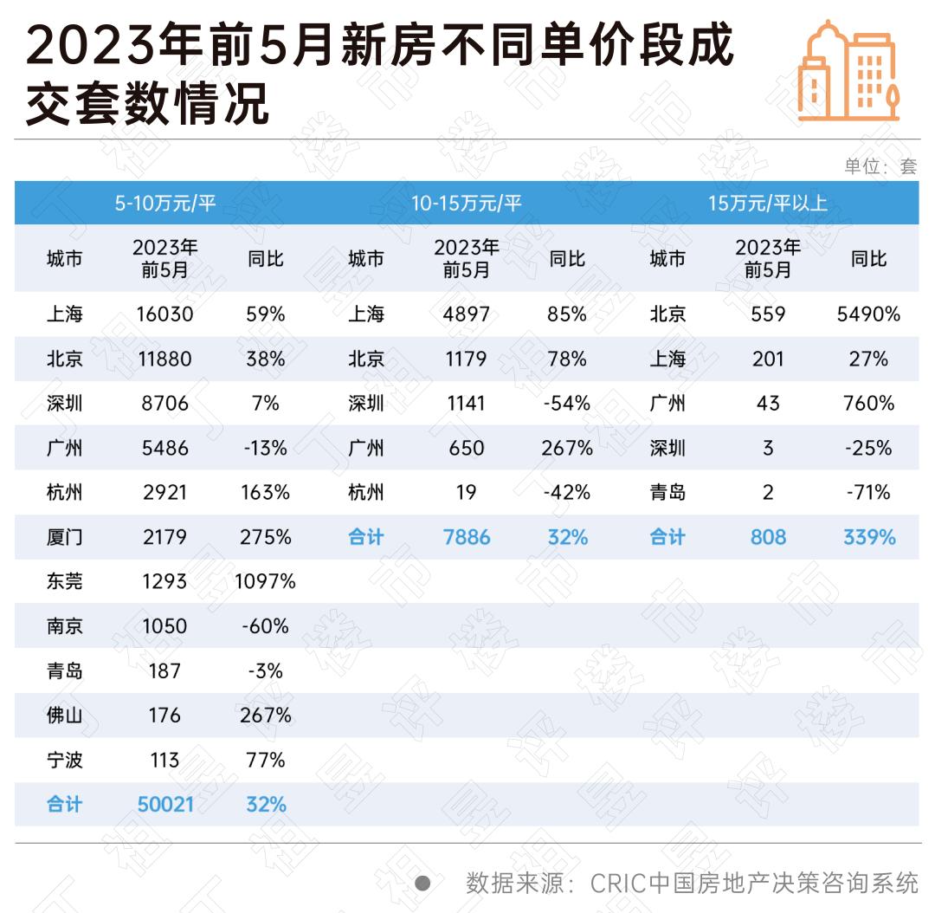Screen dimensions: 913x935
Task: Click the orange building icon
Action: click(848, 71)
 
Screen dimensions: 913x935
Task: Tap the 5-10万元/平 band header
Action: click(165, 204)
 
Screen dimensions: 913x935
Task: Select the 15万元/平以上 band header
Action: click(768, 204)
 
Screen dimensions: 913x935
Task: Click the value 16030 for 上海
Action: click(164, 314)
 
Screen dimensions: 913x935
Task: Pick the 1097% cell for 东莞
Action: click(265, 581)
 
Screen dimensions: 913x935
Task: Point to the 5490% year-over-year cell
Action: click(868, 314)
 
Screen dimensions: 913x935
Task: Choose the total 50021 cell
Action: click(165, 805)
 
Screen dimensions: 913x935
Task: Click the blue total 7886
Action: click(467, 537)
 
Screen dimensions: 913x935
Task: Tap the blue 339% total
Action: click(869, 537)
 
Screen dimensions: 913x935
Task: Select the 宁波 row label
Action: click(65, 761)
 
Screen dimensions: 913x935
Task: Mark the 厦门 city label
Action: click(65, 537)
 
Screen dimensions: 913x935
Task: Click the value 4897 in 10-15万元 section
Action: click(467, 314)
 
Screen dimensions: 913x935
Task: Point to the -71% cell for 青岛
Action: click(869, 492)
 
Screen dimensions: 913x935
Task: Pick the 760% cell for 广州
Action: click(869, 403)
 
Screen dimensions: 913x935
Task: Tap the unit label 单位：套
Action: click(880, 166)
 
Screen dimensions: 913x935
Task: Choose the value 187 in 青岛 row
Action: click(164, 671)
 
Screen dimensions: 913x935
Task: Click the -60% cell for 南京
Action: click(265, 626)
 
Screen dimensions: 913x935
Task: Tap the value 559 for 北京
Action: click(768, 314)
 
